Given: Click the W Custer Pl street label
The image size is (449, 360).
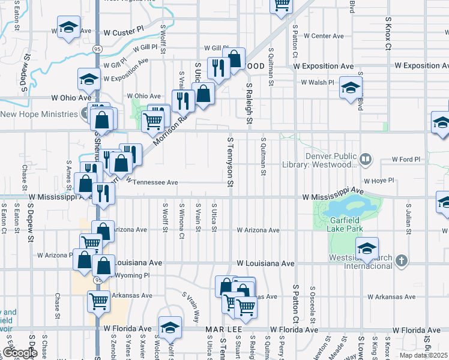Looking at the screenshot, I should [124, 30].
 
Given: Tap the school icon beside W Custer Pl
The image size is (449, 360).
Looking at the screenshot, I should [69, 27].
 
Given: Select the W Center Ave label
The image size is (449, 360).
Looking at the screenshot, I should [323, 36].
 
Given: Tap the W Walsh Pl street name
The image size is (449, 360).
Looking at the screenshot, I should [318, 82].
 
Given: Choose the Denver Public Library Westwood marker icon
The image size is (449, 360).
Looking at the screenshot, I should [366, 160].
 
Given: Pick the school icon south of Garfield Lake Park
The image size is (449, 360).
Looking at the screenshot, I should [367, 248].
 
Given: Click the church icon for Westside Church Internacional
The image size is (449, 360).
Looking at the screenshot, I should [402, 261].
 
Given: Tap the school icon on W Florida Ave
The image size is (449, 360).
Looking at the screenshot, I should [170, 327].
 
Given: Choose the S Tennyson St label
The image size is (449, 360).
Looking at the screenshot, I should [230, 161].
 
